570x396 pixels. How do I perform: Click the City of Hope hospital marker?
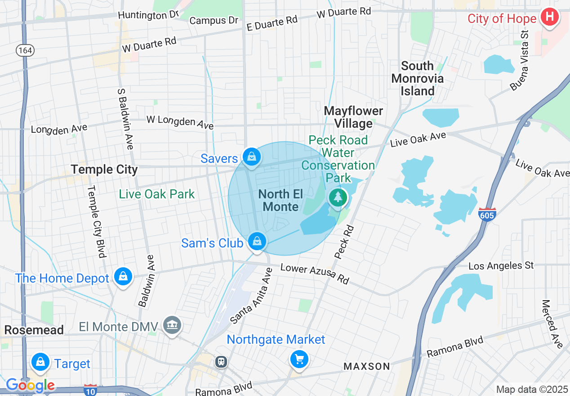point(549,18)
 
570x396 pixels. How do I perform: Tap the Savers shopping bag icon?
point(252,157)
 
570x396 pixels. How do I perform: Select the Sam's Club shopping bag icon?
point(257,242)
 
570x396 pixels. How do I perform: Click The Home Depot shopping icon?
point(123,277)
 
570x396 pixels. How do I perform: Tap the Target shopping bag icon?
point(40,362)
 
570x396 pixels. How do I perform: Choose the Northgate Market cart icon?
point(299,359)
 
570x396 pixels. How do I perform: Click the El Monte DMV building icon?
point(171,326)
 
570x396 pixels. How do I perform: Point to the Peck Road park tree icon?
point(338,198)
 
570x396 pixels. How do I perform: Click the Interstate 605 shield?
point(486,214)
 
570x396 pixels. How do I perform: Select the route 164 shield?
point(25,50)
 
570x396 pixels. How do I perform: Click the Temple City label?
point(104,170)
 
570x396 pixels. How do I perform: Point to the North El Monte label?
point(281,200)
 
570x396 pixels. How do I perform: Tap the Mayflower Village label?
point(353,117)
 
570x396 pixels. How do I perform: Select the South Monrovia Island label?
point(417,79)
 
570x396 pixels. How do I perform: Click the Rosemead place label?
point(34,330)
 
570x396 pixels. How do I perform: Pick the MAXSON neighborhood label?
point(367,366)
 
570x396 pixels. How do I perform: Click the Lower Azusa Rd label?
point(315,274)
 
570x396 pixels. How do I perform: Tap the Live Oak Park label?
point(156,194)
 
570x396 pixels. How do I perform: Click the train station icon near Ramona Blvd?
point(221,361)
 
